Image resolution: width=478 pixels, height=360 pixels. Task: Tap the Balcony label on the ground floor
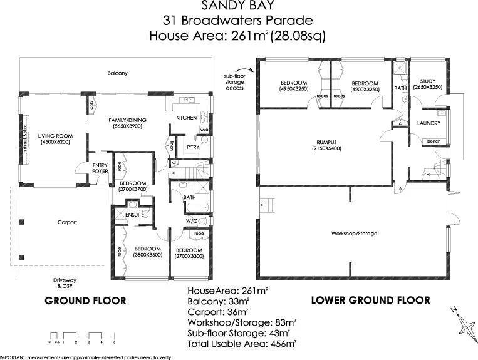click(x=117, y=73)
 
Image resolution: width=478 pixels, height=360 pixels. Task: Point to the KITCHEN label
click(x=186, y=118)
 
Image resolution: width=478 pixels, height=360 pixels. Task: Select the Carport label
click(x=67, y=222)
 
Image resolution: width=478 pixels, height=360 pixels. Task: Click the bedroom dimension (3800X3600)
click(x=148, y=255)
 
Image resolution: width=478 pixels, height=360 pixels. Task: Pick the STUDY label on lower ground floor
click(x=428, y=81)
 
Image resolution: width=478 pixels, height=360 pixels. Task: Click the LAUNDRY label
click(x=429, y=123)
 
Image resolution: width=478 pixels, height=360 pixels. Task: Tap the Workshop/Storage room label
click(x=354, y=234)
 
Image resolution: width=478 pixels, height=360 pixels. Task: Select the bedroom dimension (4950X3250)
click(x=293, y=90)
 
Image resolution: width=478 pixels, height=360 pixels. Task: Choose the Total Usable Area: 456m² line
click(x=242, y=343)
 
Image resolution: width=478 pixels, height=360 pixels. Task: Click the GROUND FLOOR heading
click(x=85, y=301)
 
